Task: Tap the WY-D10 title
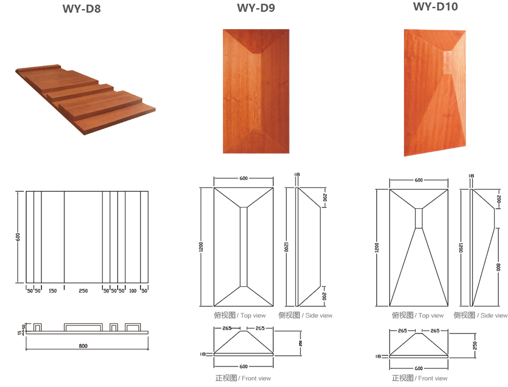point(435,7)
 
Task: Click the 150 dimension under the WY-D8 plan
point(53,291)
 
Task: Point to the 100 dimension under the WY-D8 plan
point(132,291)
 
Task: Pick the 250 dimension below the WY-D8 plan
point(83,291)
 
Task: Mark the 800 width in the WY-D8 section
point(83,346)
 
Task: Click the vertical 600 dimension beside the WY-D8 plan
point(18,237)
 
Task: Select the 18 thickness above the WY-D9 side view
point(297,175)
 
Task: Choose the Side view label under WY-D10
point(480,315)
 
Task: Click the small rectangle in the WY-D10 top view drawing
point(419,218)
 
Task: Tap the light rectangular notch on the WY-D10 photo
point(447,62)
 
